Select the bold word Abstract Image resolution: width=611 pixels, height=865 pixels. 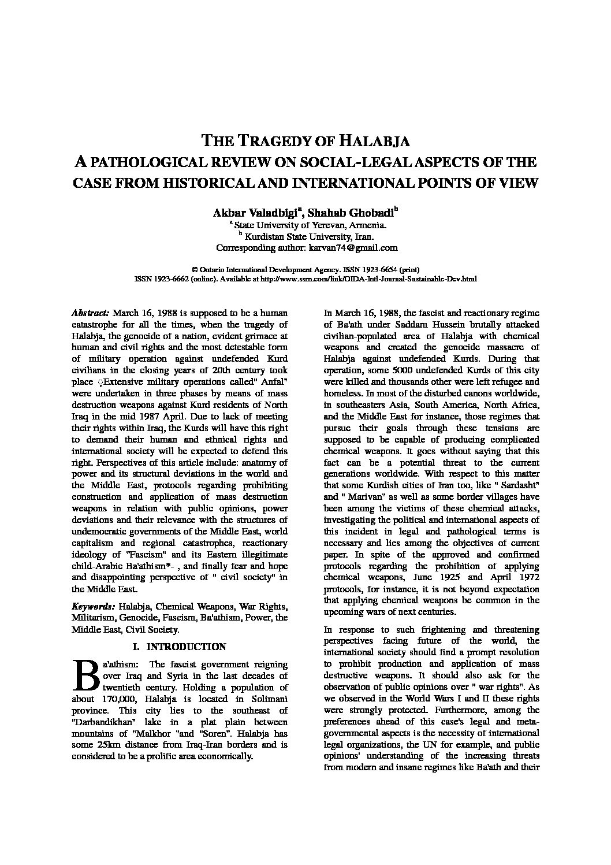pyautogui.click(x=90, y=313)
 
